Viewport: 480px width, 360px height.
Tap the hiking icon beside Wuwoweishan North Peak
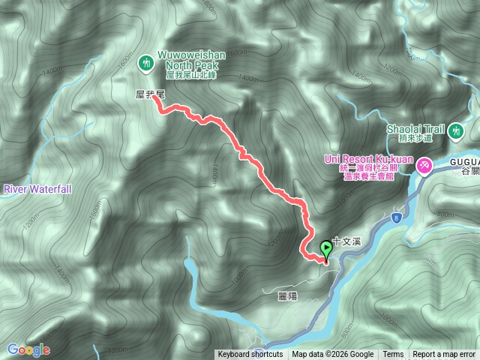pyautogui.click(x=146, y=64)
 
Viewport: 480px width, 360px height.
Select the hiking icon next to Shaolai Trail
pyautogui.click(x=454, y=133)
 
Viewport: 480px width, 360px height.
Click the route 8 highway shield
pyautogui.click(x=396, y=217)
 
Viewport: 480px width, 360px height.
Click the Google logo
pyautogui.click(x=28, y=349)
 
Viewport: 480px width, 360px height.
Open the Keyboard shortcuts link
pyautogui.click(x=250, y=355)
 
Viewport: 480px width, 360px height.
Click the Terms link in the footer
pyautogui.click(x=393, y=355)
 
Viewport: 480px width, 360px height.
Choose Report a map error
pyautogui.click(x=444, y=355)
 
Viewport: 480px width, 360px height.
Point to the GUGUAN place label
pyautogui.click(x=465, y=160)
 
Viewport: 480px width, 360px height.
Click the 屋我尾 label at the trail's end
pyautogui.click(x=149, y=94)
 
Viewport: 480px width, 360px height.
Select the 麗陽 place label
pyautogui.click(x=287, y=297)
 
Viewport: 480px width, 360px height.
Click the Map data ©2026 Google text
pyautogui.click(x=333, y=355)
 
